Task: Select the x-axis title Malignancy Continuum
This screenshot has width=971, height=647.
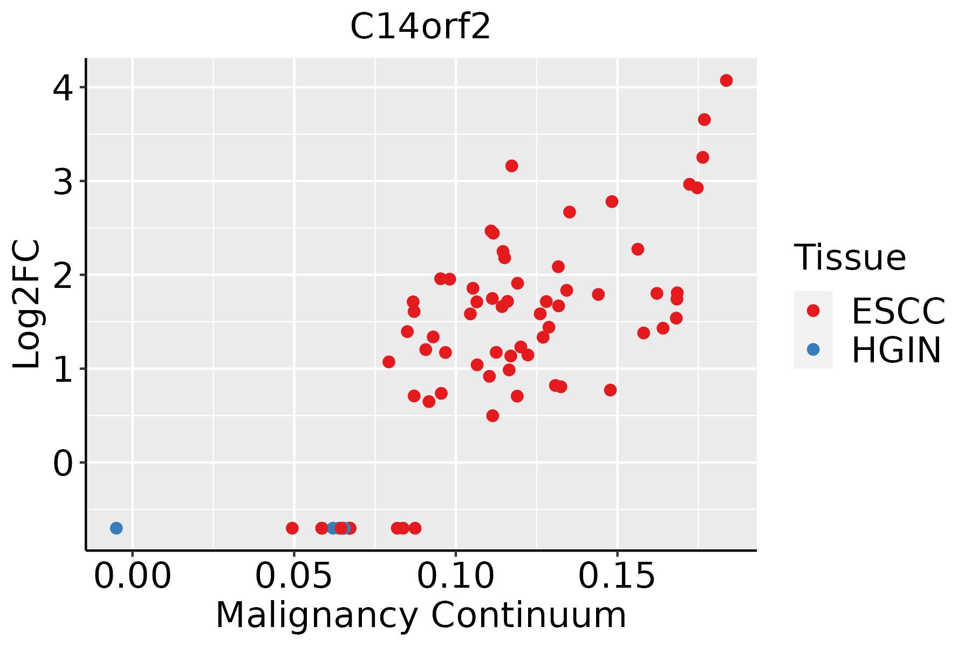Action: pyautogui.click(x=421, y=616)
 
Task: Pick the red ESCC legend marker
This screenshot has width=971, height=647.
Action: pyautogui.click(x=813, y=310)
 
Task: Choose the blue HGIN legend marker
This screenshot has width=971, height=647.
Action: pyautogui.click(x=813, y=349)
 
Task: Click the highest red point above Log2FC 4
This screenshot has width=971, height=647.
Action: pyautogui.click(x=726, y=80)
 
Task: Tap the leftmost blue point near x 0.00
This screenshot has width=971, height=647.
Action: pyautogui.click(x=116, y=528)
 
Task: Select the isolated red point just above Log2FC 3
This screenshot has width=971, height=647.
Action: pyautogui.click(x=511, y=166)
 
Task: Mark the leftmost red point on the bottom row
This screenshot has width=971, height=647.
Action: pyautogui.click(x=292, y=528)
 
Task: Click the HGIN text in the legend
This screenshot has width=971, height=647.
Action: pyautogui.click(x=897, y=350)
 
